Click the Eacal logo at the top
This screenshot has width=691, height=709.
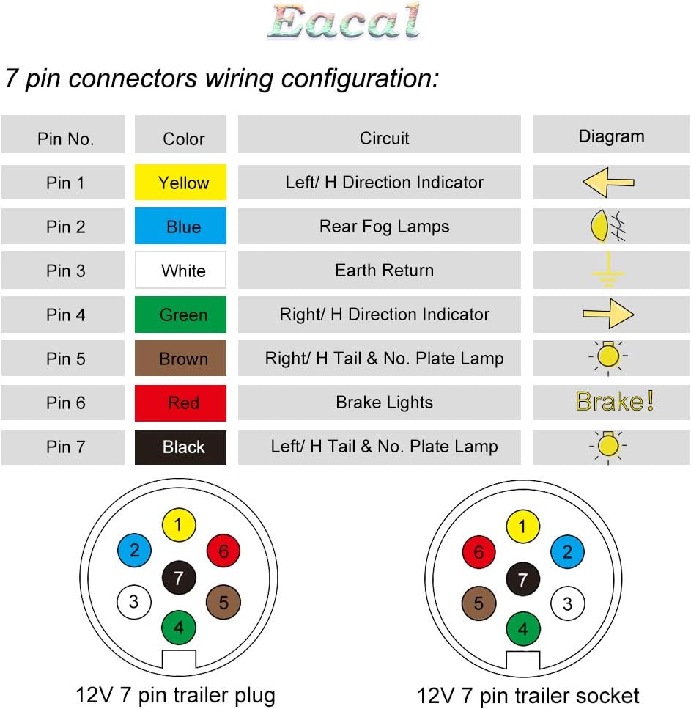tap(344, 21)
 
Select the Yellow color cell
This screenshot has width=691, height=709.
tap(180, 183)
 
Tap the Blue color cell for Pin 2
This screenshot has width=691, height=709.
tap(180, 226)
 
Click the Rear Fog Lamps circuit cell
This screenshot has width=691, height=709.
tap(379, 226)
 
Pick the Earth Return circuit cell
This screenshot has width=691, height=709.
tap(379, 270)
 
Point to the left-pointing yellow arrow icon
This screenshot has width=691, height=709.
tap(608, 183)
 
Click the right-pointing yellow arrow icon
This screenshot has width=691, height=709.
tap(608, 314)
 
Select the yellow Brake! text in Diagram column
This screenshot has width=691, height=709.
tap(614, 401)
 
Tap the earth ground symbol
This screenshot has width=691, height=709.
tap(608, 270)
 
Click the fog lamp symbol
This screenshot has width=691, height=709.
tap(608, 226)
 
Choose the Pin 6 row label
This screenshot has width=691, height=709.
tap(65, 403)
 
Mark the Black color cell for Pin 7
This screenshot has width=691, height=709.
tap(180, 447)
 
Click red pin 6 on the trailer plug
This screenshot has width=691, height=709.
tap(223, 551)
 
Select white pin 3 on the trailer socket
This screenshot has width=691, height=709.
tap(568, 603)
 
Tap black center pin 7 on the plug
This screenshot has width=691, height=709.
tap(179, 578)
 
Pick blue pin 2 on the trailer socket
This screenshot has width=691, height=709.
tap(568, 551)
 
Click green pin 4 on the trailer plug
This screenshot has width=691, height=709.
tap(179, 627)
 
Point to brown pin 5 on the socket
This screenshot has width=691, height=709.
tap(478, 603)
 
